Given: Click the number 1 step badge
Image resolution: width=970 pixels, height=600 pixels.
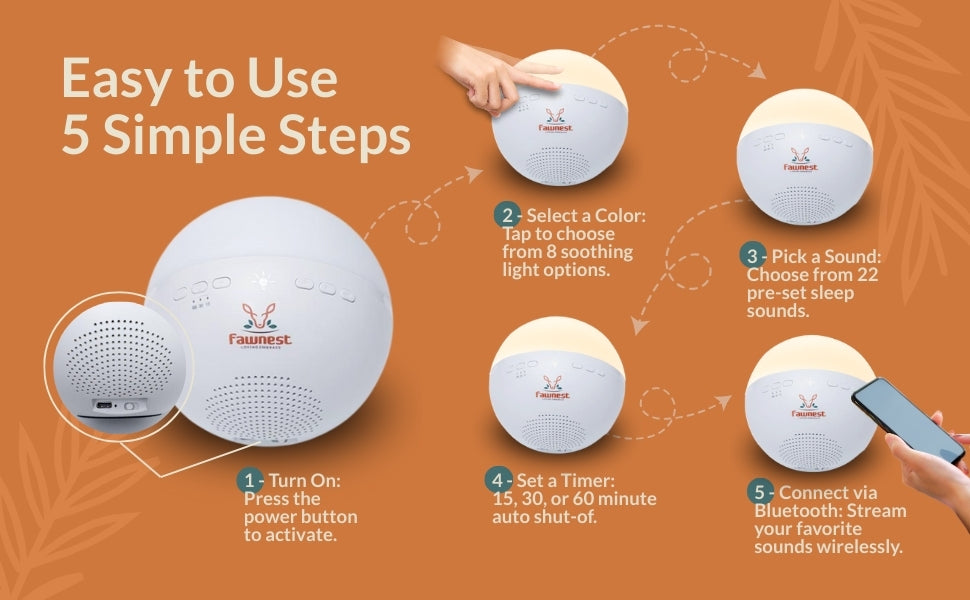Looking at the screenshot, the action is [249, 481].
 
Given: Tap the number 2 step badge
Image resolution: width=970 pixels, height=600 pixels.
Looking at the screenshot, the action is [507, 215].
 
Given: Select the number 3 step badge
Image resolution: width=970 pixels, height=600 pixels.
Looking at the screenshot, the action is [752, 255].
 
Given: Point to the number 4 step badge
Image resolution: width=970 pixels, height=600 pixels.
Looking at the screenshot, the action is [497, 480].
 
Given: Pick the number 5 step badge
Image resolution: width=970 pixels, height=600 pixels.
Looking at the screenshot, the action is [760, 492].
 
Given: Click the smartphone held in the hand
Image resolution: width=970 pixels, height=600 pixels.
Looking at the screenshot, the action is [908, 420].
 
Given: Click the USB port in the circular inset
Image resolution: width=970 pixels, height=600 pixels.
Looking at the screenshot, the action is [103, 406].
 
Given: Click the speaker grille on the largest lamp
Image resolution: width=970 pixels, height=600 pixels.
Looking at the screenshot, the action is [263, 406].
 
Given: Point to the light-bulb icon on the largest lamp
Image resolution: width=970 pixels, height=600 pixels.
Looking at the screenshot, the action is [263, 281].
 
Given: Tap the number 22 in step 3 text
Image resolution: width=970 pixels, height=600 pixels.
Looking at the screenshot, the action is [867, 274].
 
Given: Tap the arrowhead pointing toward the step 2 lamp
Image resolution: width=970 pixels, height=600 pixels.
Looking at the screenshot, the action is [475, 173].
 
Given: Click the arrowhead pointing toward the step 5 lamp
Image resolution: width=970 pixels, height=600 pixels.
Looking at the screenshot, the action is [723, 403].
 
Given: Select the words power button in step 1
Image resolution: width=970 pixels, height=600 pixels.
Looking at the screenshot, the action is [301, 516].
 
